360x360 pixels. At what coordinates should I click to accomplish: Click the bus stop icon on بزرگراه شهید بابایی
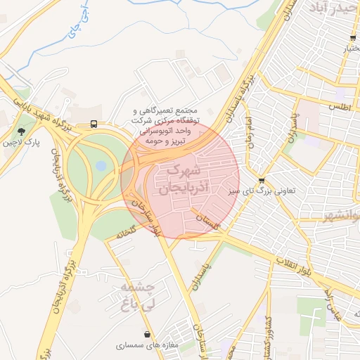coord(94,124)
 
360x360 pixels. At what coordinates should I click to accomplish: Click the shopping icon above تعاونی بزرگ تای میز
coord(262,180)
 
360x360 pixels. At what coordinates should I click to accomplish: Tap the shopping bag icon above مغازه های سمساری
coord(147,335)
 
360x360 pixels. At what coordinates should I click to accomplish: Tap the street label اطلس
coord(339,106)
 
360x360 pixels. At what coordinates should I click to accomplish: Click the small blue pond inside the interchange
coord(101,166)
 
